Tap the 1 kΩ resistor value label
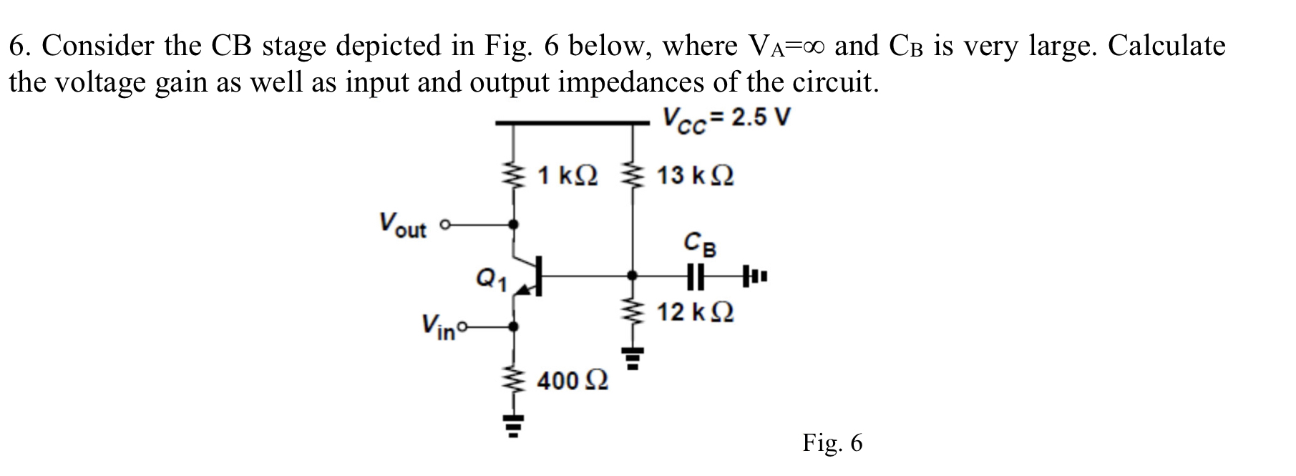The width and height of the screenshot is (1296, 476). (x=570, y=175)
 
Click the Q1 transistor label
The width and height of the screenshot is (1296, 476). (x=491, y=278)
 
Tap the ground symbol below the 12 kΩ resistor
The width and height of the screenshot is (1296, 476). (x=631, y=358)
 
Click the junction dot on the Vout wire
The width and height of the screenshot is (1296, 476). (x=513, y=225)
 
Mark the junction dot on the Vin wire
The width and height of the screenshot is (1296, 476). (x=513, y=327)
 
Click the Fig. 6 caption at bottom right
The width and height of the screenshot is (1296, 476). (x=832, y=443)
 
